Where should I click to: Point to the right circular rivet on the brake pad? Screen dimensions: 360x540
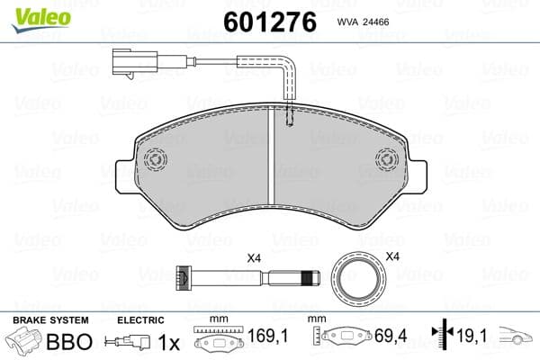[384, 159]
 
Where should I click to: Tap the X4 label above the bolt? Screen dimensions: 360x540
[254, 259]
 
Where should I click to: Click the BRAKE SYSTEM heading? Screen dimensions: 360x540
[49, 320]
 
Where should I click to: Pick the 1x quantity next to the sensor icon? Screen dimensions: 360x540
[168, 342]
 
